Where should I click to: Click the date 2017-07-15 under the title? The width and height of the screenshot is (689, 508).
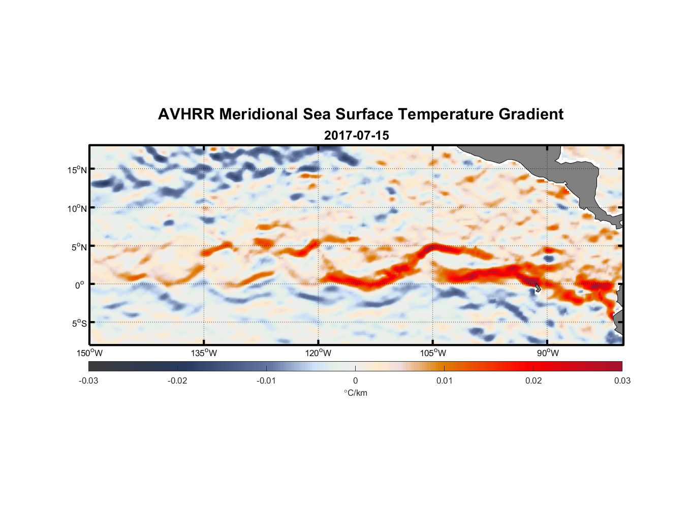(x=356, y=136)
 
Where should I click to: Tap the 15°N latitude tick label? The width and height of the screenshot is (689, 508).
(x=77, y=170)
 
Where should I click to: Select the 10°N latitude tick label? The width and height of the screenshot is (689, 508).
(x=77, y=208)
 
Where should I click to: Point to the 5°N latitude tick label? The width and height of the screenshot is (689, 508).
(x=79, y=247)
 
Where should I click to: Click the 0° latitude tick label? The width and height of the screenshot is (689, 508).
(x=80, y=285)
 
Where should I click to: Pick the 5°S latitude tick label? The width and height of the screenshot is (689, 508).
(x=79, y=324)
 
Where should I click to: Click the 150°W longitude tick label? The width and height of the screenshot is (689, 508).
(x=89, y=353)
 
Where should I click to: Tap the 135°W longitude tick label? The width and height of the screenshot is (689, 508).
(x=204, y=353)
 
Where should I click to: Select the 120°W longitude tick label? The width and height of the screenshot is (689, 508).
(x=318, y=353)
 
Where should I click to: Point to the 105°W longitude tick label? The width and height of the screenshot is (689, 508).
(x=433, y=353)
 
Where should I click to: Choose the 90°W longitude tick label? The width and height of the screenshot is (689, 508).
(x=548, y=353)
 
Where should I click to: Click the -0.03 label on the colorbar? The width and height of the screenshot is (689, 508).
(x=88, y=380)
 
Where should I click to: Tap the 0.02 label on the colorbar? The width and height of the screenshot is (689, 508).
(x=533, y=380)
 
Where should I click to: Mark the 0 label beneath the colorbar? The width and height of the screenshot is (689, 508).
(x=355, y=380)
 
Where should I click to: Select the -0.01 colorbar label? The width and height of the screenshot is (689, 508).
(x=266, y=380)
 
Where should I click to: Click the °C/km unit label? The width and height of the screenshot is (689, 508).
(x=355, y=393)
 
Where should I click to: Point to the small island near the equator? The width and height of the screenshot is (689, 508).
(x=538, y=288)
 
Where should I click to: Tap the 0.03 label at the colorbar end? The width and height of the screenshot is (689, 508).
(x=622, y=380)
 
